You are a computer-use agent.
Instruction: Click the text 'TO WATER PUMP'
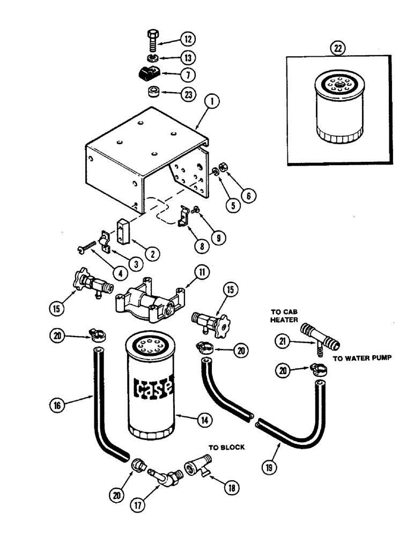(360, 360)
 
